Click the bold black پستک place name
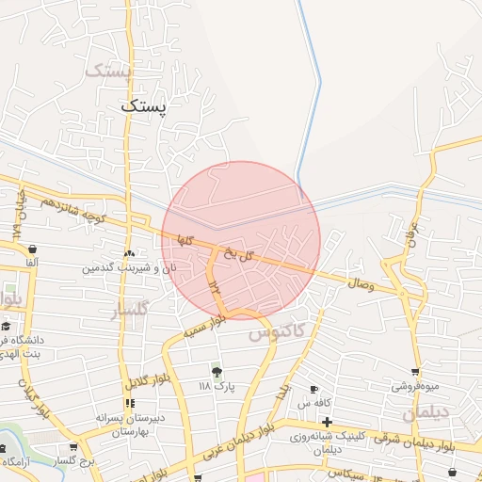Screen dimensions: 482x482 tap(143, 106)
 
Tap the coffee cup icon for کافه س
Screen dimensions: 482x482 tap(314, 389)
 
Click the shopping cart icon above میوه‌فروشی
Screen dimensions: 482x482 tap(415, 373)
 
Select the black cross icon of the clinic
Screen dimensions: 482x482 tap(327, 421)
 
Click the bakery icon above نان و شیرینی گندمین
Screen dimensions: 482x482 tap(129, 253)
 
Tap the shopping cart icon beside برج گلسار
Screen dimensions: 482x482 tap(73, 447)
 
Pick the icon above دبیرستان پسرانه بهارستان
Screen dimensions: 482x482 tap(130, 403)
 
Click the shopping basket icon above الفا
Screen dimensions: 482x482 tap(33, 249)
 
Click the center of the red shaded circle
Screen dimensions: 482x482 tap(241, 240)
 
